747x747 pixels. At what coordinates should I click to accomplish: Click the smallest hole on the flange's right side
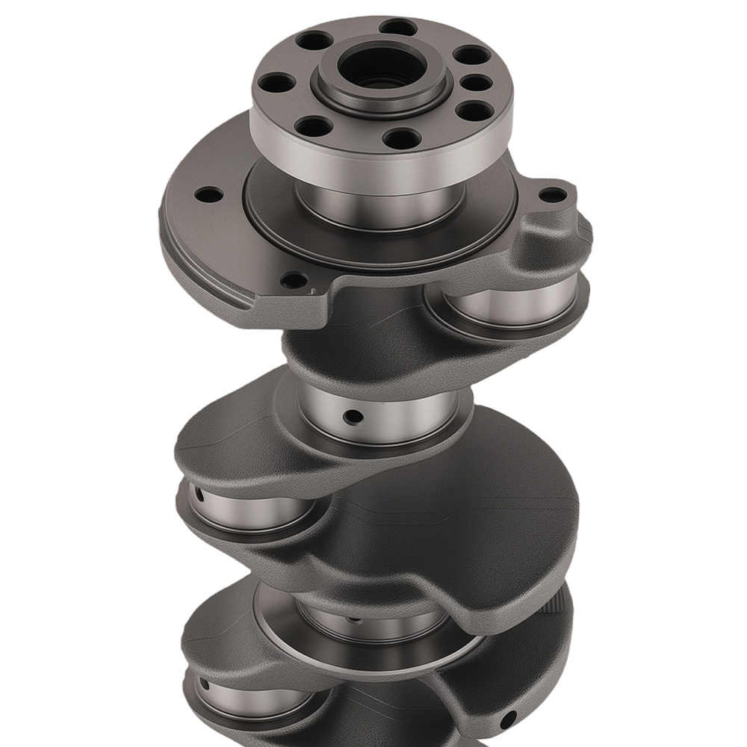(475, 82)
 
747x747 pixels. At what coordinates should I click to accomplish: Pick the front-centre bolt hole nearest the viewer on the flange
(402, 138)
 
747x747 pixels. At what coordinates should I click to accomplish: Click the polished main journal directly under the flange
(381, 205)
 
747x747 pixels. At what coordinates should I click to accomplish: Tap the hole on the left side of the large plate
(208, 195)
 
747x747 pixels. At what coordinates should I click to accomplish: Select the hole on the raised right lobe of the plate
(553, 195)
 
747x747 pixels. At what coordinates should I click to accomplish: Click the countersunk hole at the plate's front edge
(294, 281)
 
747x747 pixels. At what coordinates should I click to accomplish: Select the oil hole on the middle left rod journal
(199, 495)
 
